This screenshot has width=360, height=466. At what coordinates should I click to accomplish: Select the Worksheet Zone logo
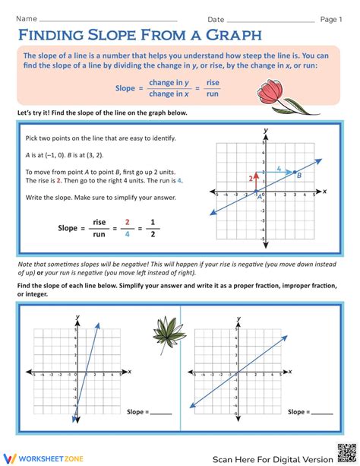point(39,458)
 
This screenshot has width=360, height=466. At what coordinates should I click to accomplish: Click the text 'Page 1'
point(331,18)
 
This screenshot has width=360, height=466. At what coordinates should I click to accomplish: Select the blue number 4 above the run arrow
point(279,168)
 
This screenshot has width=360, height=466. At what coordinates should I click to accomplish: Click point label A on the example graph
point(262,196)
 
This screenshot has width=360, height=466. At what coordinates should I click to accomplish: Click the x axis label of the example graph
point(324,191)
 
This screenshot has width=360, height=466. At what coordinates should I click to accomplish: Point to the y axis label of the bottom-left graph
point(77,315)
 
